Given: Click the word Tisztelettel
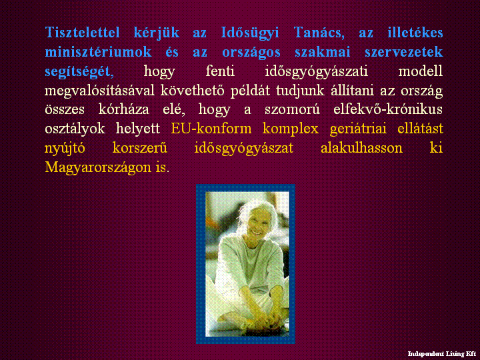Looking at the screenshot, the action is click(x=82, y=32).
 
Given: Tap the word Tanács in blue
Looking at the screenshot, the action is click(x=319, y=33).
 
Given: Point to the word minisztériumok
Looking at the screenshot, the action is click(x=98, y=52).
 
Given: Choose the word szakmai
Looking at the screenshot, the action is click(x=323, y=52).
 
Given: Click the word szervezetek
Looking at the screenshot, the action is click(x=404, y=52).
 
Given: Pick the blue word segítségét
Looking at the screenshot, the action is click(x=79, y=71).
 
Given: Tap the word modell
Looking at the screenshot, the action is click(x=420, y=71).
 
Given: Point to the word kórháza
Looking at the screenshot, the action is click(x=124, y=109).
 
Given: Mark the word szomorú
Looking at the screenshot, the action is click(x=292, y=109).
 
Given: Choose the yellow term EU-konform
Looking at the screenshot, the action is click(x=211, y=129).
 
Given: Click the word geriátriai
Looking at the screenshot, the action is click(x=358, y=129).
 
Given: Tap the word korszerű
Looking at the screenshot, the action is click(x=140, y=148).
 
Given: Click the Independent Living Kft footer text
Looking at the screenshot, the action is click(x=442, y=354).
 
